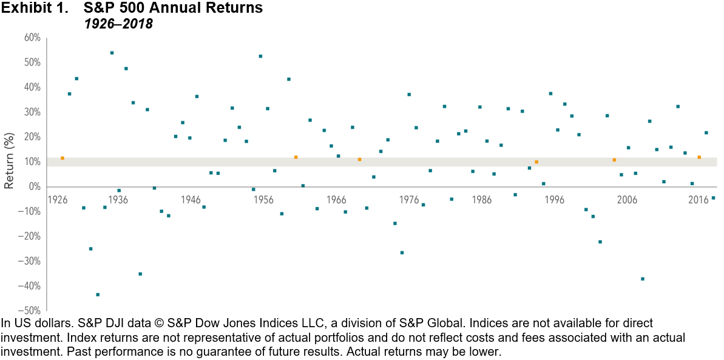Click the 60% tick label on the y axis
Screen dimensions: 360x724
click(x=32, y=38)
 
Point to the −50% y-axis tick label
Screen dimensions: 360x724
click(x=30, y=311)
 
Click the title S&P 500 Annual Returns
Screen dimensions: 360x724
click(x=166, y=8)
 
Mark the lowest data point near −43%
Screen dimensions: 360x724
click(x=98, y=294)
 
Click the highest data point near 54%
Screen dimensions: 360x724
click(x=112, y=53)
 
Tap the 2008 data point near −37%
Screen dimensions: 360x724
click(x=643, y=279)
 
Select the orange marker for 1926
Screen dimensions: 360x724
click(x=62, y=158)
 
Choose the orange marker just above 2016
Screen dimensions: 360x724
click(x=699, y=157)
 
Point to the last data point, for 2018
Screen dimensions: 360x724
click(x=713, y=198)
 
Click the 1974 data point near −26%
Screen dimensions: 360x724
click(x=402, y=253)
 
